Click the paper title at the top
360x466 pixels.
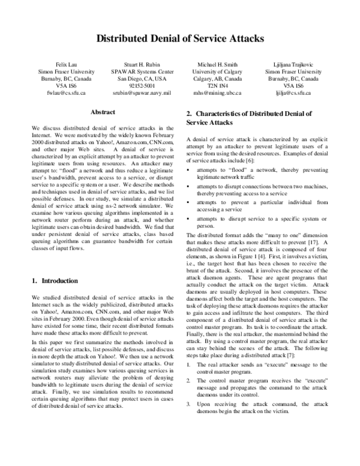pyautogui.click(x=180, y=40)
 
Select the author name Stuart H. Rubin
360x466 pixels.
pyautogui.click(x=137, y=64)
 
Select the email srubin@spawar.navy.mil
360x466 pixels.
pyautogui.click(x=137, y=93)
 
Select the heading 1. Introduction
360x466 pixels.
pyautogui.click(x=55, y=280)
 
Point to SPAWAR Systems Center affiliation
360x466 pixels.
pyautogui.click(x=137, y=71)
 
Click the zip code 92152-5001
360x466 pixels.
pyautogui.click(x=137, y=86)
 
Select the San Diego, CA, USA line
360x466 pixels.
pyautogui.click(x=137, y=79)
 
